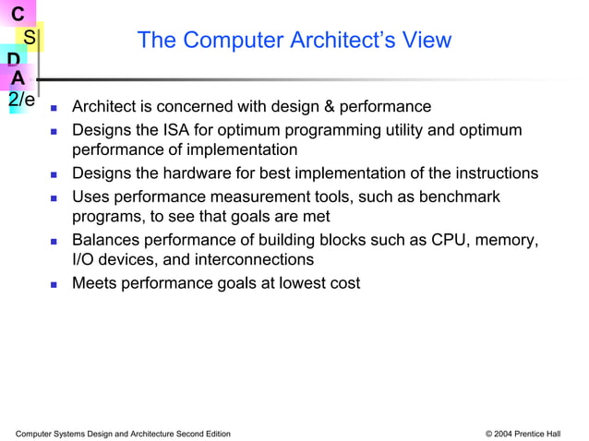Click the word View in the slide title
click(427, 41)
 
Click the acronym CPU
click(454, 241)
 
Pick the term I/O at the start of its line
click(84, 260)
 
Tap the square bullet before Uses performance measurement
click(54, 197)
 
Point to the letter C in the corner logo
click(16, 14)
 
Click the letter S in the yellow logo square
click(29, 38)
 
